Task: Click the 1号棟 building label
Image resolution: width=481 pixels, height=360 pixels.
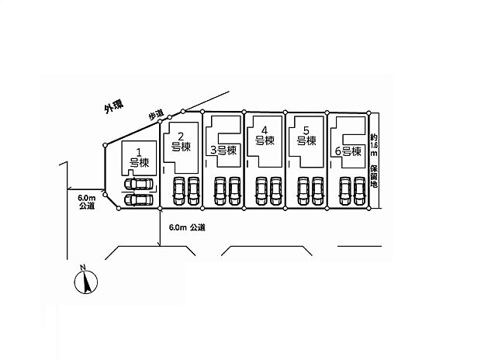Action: point(139,157)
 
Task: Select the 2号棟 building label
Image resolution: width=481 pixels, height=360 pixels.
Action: point(181,141)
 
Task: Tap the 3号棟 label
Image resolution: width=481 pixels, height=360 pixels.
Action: point(223,151)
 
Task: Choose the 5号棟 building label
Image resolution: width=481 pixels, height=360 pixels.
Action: point(306,136)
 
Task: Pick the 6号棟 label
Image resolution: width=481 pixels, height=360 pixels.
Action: point(348,151)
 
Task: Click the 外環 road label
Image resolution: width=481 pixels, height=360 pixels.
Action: point(114,107)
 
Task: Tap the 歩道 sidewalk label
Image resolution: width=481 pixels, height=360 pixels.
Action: point(156,115)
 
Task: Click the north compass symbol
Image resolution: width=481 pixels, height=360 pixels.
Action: point(86,282)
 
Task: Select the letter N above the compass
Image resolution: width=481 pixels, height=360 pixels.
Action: point(82,268)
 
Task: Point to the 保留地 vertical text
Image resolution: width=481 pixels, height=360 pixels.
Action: point(374,176)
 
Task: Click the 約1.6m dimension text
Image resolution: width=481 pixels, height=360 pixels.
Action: point(374,145)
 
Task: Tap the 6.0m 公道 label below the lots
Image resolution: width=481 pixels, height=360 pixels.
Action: point(187,227)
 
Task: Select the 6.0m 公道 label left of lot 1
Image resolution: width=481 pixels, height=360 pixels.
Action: point(87,202)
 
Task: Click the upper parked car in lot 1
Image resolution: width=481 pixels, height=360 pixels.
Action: point(138,184)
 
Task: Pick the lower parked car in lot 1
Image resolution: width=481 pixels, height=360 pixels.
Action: point(138,200)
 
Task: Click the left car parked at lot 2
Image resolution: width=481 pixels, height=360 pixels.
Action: point(178,191)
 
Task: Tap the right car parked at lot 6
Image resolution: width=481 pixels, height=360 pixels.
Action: point(359,191)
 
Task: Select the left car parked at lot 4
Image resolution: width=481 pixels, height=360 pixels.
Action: point(261,191)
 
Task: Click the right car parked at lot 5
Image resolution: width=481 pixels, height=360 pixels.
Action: point(318,191)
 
